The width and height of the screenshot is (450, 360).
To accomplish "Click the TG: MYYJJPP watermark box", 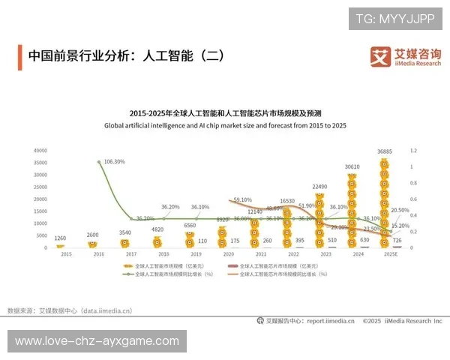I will coord(395,19).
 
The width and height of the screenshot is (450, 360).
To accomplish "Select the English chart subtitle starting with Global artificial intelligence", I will coord(225,126).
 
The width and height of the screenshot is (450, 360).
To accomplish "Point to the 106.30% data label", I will coord(115,161).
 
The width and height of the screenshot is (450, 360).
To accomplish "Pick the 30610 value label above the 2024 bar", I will coord(352,166).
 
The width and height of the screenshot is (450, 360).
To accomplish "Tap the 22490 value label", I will coord(320,186).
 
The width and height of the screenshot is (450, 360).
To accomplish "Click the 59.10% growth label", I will coord(243,200).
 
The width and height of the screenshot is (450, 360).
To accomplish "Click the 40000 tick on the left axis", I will coord(40,151).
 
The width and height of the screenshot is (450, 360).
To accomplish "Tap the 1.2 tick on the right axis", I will coord(412,151).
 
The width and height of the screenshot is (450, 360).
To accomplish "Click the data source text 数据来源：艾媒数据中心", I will coord(70,310).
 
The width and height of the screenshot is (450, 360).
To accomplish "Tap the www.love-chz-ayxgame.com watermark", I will coord(97,341).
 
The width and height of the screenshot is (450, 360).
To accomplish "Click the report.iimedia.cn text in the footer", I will coord(330,321).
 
